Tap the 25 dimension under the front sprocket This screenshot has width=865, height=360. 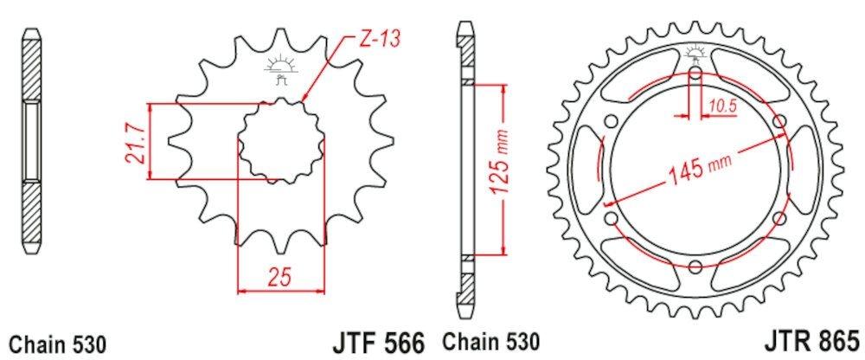coord(279,278)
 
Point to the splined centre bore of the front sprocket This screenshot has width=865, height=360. coord(282,141)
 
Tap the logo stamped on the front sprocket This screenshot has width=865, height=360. coord(279,69)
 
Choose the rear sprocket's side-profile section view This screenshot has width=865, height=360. coord(466,169)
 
